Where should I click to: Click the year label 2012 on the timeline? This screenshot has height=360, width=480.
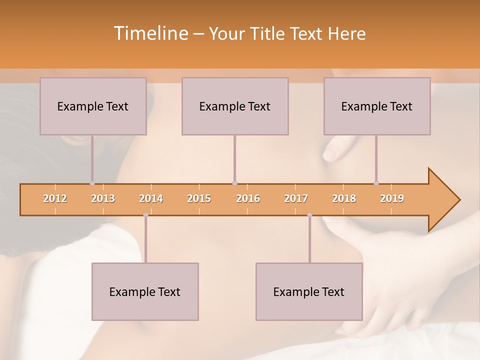coord(55,198)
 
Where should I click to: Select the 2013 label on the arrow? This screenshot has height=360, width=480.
coord(103,198)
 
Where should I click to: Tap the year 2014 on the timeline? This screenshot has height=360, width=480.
coord(151,198)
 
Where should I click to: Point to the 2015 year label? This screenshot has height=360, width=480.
coord(199,198)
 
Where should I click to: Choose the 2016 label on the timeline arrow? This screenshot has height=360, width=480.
coord(248,198)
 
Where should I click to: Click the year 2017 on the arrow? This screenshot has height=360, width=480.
coord(296,198)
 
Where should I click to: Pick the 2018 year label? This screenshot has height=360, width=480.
coord(344,198)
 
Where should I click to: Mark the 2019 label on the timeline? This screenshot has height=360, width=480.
coord(392,198)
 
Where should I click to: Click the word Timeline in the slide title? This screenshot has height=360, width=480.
coord(149,33)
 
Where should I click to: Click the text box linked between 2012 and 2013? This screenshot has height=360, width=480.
coord(93,106)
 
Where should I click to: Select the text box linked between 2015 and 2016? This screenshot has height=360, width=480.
coord(235,106)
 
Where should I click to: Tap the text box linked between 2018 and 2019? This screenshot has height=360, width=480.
coord(377,106)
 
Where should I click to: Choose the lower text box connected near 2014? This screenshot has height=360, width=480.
coord(145,291)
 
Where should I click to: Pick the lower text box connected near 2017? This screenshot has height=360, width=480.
coord(309,291)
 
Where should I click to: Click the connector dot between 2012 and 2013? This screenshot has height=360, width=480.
coord(92,183)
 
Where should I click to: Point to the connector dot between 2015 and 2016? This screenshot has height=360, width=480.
coord(234,183)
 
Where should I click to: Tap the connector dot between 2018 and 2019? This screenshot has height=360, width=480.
coord(376,183)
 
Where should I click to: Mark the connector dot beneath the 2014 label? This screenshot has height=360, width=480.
coord(145,214)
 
